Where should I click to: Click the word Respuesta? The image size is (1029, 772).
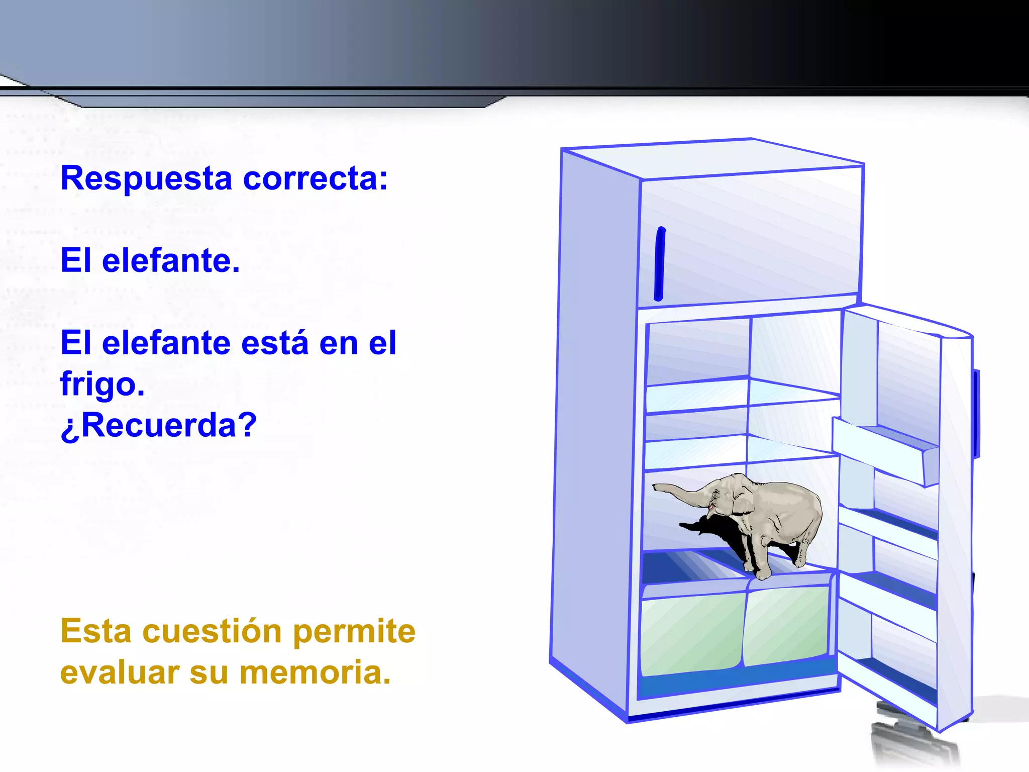[x=146, y=179]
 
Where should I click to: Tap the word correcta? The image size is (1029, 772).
[x=315, y=179]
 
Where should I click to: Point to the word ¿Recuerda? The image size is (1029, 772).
[x=159, y=426]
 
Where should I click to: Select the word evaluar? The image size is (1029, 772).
[x=119, y=673]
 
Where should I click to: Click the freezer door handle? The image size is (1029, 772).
[x=659, y=264]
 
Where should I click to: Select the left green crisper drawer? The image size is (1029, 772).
[x=692, y=633]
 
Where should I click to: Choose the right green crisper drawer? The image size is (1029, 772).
[x=786, y=626]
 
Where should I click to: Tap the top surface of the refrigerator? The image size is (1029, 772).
[x=713, y=158]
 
